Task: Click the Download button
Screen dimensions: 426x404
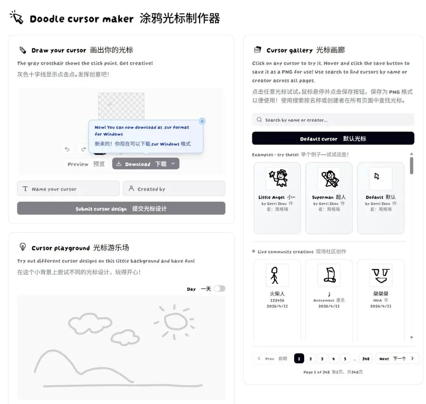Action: [146, 164]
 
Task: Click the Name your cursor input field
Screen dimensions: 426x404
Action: [69, 188]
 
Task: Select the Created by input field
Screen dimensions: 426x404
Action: [174, 188]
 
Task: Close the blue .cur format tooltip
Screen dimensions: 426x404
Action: [202, 121]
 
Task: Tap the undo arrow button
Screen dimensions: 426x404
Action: [67, 149]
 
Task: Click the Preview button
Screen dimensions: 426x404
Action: [86, 164]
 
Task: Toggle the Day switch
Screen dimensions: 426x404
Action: [220, 289]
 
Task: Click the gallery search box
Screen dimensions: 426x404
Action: [333, 120]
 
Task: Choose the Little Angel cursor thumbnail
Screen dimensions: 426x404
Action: [277, 179]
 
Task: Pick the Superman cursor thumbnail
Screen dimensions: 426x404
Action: [329, 179]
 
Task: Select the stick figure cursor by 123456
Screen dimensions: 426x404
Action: [277, 275]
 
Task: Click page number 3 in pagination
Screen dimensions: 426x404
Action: [322, 359]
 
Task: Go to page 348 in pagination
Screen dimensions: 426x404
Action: [366, 359]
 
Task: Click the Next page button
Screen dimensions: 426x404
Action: [397, 359]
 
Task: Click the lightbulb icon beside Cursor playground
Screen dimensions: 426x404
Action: [23, 246]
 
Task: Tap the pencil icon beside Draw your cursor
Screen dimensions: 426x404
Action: [23, 50]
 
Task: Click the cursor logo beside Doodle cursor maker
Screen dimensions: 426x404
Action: [17, 17]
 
